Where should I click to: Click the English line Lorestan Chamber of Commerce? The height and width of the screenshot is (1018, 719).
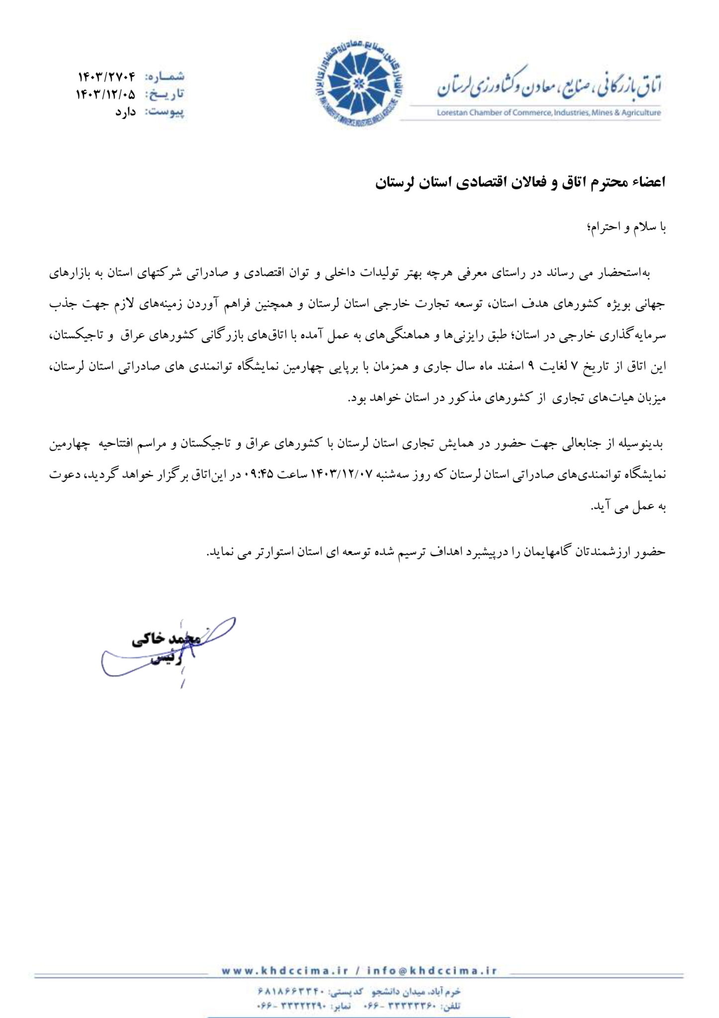click(548, 113)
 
